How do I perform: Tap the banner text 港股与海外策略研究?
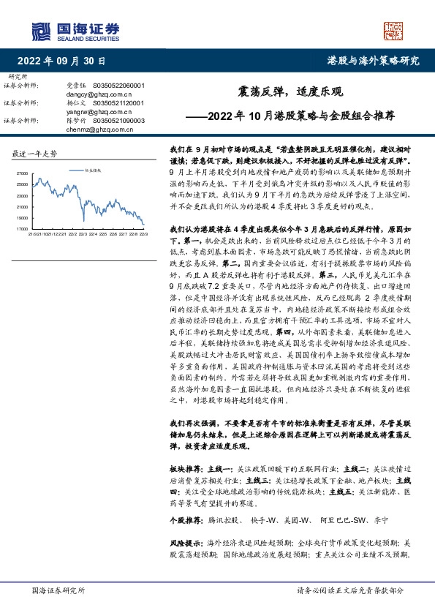point(373,61)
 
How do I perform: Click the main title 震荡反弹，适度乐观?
point(285,93)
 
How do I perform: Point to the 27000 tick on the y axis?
point(20,172)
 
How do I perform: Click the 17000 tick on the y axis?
point(20,228)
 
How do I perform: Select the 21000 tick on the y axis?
point(20,206)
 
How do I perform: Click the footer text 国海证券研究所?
point(55,591)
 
